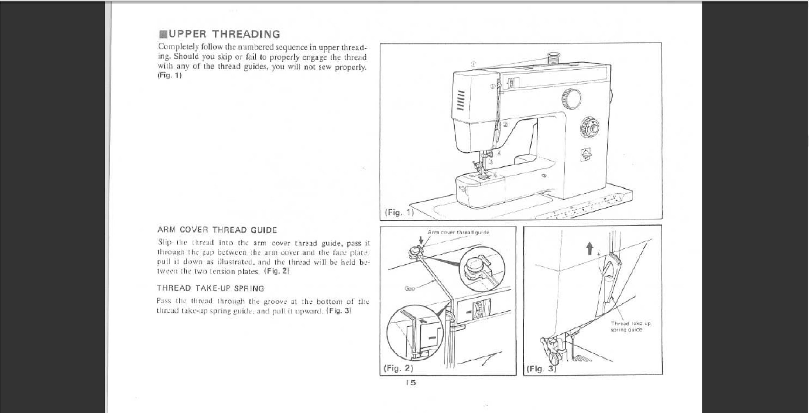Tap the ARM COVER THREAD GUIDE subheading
coord(217,230)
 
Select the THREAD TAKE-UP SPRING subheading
coord(210,288)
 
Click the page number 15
coord(410,383)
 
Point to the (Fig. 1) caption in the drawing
coord(399,212)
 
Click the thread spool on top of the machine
coord(554,59)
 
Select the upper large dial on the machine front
coord(571,99)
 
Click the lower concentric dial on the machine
coord(589,128)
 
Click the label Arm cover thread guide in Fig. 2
coord(458,233)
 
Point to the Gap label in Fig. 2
coord(410,288)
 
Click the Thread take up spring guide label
coord(630,326)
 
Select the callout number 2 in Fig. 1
coord(505,124)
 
